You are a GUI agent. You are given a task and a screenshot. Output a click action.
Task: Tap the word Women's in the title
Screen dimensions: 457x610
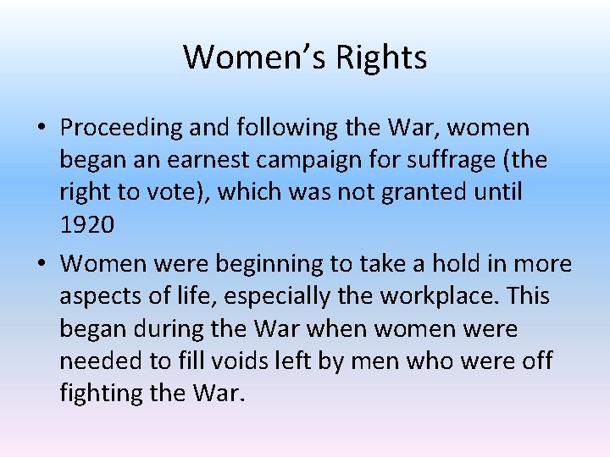[x=254, y=58]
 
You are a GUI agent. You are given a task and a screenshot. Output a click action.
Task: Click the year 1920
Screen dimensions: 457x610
[x=87, y=224]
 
